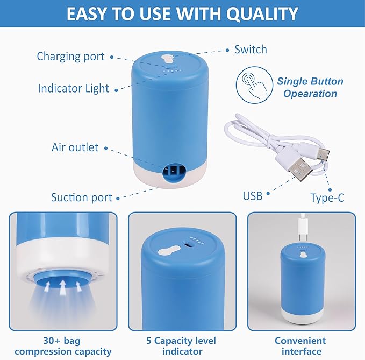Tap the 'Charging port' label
70,57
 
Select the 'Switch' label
251,50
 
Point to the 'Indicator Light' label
73,88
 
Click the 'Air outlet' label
75,147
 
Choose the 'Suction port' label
81,197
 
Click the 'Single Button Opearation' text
310,88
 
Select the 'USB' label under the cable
252,196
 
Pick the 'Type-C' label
327,198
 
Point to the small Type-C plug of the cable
323,154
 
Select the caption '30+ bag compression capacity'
63,346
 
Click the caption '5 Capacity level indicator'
182,346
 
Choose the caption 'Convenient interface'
300,346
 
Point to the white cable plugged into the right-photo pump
302,229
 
